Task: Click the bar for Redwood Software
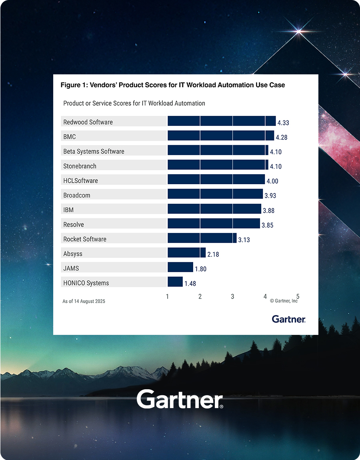point(221,121)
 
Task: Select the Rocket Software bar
point(202,238)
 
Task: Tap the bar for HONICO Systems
point(175,282)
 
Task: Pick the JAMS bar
point(180,267)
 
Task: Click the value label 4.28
point(281,137)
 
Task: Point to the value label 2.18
point(213,254)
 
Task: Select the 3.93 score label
point(270,196)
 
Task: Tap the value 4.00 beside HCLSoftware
point(272,181)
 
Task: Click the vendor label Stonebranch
point(80,166)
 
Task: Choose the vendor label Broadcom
point(77,195)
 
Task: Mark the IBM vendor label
point(68,210)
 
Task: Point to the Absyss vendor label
point(73,254)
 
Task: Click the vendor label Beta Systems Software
point(94,151)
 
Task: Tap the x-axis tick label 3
point(232,297)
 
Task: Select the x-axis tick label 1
point(167,297)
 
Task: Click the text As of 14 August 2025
point(84,301)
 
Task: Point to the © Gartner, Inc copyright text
point(284,301)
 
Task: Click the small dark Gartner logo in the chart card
point(288,319)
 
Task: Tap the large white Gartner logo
point(180,399)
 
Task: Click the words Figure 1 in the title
point(73,85)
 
